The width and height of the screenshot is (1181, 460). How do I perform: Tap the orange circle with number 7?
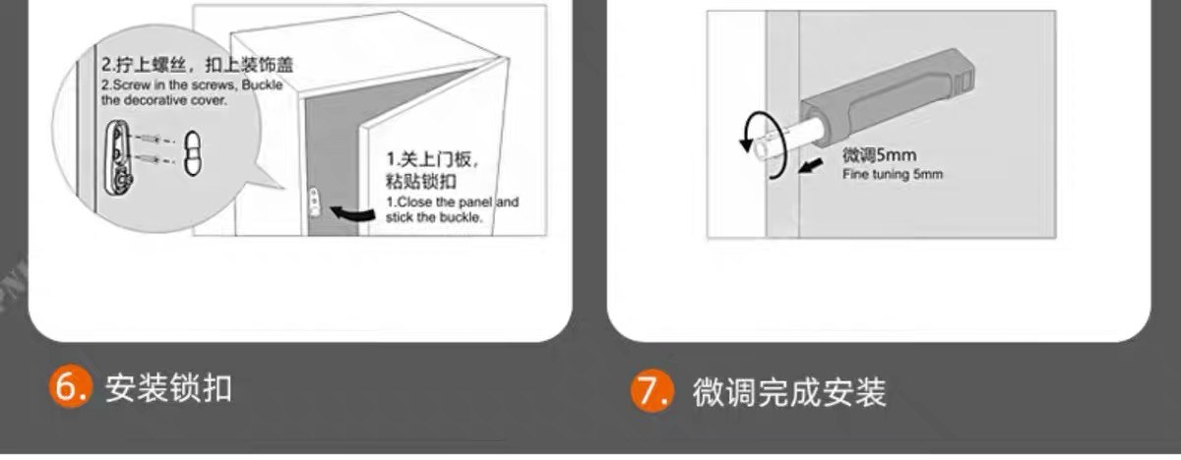point(653,390)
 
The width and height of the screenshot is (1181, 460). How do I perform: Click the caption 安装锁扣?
point(168,389)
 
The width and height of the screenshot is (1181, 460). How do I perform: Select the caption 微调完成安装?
point(788,392)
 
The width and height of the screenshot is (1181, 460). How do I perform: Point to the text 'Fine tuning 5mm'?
point(892,174)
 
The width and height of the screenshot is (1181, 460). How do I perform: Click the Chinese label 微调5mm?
point(879,155)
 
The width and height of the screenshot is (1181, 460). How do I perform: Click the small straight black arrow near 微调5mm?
point(810,166)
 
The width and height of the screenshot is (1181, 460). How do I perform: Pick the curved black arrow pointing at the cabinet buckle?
point(352,213)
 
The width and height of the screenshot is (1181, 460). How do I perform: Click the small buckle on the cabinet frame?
point(313,201)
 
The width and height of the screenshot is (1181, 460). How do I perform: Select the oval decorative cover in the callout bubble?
point(193,153)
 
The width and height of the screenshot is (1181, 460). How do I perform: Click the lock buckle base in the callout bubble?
point(119,158)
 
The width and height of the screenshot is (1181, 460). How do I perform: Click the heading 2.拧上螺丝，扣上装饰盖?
point(197,65)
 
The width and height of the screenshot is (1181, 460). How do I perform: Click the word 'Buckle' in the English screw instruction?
point(262,85)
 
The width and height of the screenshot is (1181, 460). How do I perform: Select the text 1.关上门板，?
point(432,159)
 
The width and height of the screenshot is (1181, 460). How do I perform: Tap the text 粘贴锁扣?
point(421,182)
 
